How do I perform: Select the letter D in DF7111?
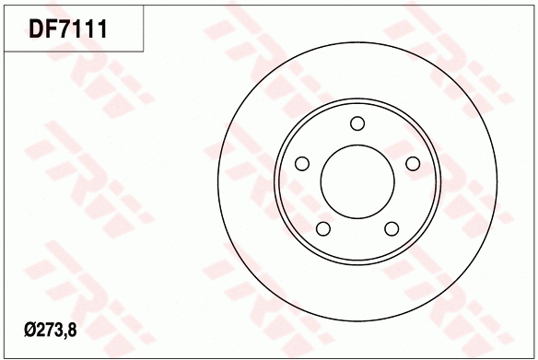click(x=39, y=29)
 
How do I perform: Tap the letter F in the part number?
click(x=53, y=29)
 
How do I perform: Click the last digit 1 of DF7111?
click(x=103, y=29)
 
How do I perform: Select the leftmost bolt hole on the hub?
click(x=301, y=164)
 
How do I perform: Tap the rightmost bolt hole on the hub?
click(x=412, y=164)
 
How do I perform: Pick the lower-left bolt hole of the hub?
click(x=323, y=228)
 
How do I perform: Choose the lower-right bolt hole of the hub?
click(x=392, y=228)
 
